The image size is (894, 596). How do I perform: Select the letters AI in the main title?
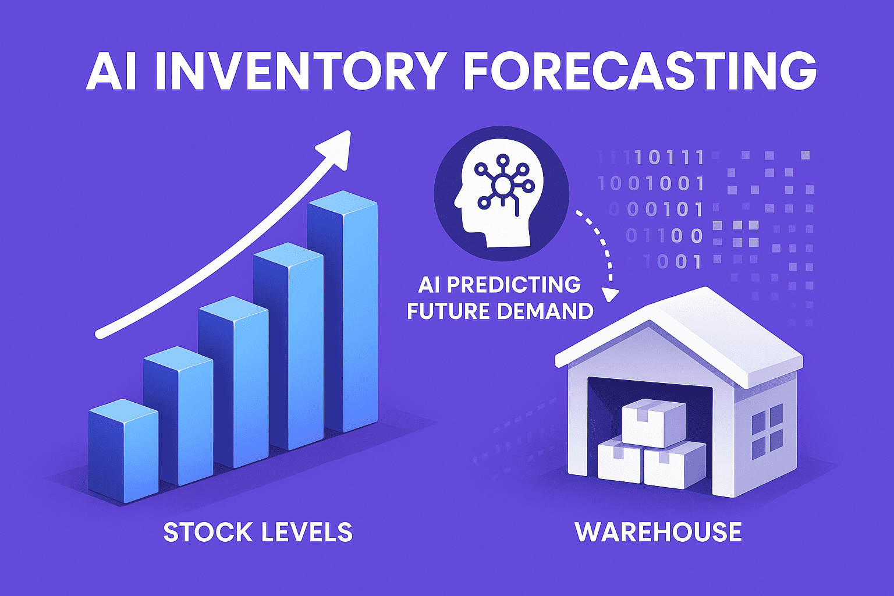[x=111, y=71]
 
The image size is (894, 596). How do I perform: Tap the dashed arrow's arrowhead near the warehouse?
[x=610, y=294]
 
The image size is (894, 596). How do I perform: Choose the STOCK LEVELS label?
[x=258, y=532]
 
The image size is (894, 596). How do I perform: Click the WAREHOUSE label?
[x=658, y=532]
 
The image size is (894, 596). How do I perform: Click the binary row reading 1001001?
[x=652, y=184]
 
